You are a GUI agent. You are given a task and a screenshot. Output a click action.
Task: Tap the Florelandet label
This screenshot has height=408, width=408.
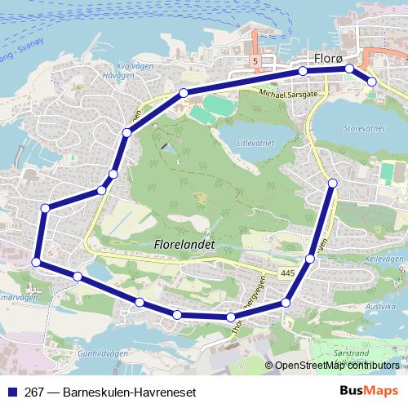pyautogui.click(x=184, y=243)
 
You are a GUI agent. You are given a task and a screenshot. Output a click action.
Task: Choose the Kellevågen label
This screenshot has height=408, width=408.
pyautogui.click(x=379, y=257)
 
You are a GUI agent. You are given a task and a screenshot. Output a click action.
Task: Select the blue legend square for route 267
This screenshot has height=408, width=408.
pyautogui.click(x=12, y=392)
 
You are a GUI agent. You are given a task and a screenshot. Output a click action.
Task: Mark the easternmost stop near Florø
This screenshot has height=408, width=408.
pyautogui.click(x=371, y=81)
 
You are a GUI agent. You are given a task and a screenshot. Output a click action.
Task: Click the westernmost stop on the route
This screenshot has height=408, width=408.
pyautogui.click(x=36, y=262)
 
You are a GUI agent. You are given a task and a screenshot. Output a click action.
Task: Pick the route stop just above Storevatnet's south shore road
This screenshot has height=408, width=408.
pyautogui.click(x=333, y=183)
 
